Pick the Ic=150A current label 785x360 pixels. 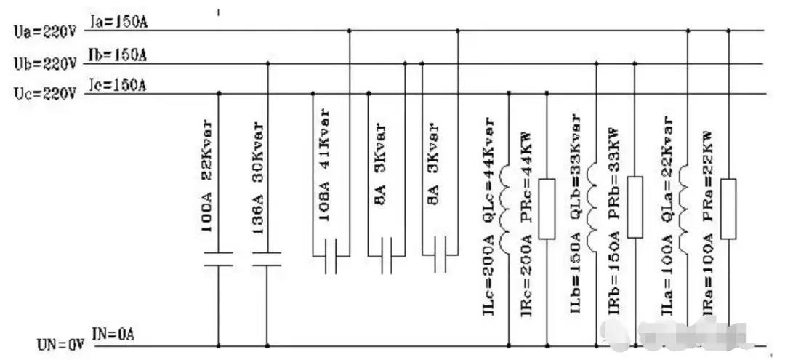click(x=118, y=85)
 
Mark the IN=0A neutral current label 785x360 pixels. click(x=114, y=335)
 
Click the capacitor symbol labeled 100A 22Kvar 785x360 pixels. click(x=218, y=259)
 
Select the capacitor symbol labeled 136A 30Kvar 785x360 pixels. click(x=267, y=259)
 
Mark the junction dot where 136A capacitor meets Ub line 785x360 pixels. click(x=267, y=64)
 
